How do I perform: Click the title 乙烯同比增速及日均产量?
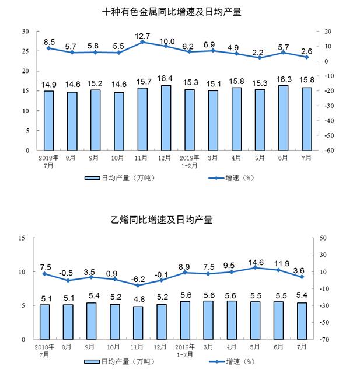pos(180,220)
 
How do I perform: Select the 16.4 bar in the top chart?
pos(166,118)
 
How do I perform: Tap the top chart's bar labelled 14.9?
pos(48,121)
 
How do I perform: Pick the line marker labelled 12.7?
pos(143,43)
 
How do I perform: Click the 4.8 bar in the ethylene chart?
pos(138,323)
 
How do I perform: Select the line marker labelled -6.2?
pos(138,286)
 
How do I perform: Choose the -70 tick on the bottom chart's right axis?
pos(324,339)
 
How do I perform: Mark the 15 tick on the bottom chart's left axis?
pos(22,238)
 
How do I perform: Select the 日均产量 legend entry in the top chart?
pos(121,177)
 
